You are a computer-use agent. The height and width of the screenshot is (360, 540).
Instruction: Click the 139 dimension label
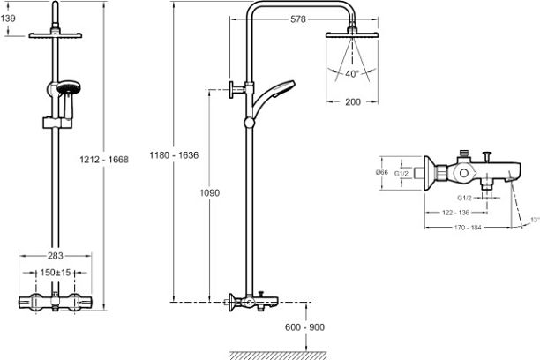(x=8, y=19)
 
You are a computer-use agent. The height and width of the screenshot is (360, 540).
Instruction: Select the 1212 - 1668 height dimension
(x=104, y=160)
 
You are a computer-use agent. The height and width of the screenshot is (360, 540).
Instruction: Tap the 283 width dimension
(x=56, y=256)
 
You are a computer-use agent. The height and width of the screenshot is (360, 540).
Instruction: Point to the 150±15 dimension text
(x=56, y=273)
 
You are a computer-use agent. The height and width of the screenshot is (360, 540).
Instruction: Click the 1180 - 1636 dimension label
(x=174, y=155)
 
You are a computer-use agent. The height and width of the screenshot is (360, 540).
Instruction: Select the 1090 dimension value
(x=209, y=192)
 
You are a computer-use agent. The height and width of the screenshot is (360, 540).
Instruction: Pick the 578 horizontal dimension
(x=298, y=19)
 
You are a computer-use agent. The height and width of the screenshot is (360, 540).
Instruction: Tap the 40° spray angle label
(x=352, y=74)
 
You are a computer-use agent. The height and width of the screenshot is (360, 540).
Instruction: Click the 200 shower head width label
(x=353, y=102)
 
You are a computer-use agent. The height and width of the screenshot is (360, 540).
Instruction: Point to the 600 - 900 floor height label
(x=304, y=327)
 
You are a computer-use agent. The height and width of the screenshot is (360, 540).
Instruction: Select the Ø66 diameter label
(x=382, y=172)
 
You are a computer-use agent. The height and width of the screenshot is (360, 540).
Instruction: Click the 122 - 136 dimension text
(x=455, y=213)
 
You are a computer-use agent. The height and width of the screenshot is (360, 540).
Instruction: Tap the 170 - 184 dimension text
(x=468, y=228)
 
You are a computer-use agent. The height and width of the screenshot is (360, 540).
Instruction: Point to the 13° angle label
(x=535, y=220)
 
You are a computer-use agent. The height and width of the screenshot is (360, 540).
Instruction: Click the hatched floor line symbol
(x=278, y=356)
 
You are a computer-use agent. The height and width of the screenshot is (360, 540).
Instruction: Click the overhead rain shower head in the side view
(x=352, y=34)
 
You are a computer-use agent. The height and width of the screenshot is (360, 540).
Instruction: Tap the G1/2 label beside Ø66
(x=401, y=174)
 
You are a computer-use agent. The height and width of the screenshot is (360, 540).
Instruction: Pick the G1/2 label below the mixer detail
(x=464, y=198)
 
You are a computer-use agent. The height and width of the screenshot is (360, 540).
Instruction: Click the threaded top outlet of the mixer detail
(x=465, y=153)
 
